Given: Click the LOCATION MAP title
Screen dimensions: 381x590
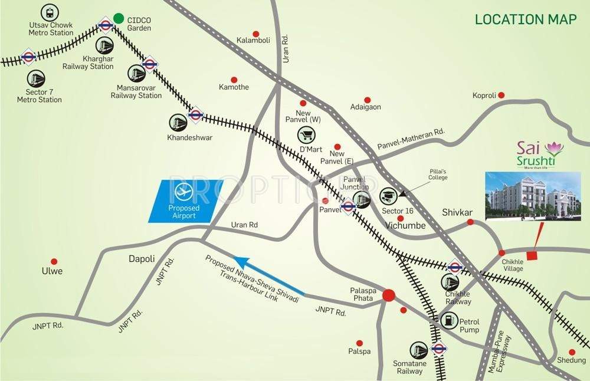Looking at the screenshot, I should [526, 19].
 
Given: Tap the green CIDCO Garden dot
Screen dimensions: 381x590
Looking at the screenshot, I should [119, 19].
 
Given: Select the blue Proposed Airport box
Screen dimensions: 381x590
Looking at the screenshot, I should [182, 201].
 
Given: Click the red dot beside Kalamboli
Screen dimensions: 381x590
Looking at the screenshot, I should [255, 34].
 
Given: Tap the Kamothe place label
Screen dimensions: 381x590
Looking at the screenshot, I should [234, 87].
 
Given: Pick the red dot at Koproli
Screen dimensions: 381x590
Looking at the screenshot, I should [501, 95].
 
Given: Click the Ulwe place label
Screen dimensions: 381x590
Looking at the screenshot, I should [52, 271].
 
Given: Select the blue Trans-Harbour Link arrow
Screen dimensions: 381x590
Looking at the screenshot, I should [269, 275].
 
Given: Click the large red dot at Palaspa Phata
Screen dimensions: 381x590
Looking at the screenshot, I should [388, 295].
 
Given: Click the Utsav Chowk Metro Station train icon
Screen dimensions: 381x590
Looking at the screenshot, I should [47, 12].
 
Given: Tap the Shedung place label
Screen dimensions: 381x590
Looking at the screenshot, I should [571, 360].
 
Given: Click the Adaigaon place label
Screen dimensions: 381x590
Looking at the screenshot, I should [366, 107].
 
